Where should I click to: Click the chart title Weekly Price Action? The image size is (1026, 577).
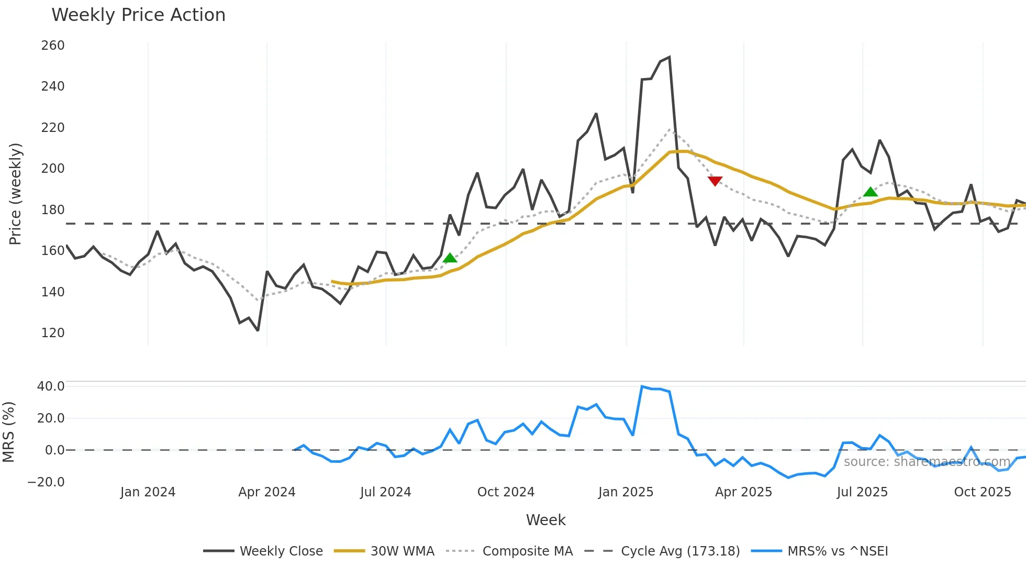point(138,15)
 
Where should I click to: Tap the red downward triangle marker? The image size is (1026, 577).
point(715,181)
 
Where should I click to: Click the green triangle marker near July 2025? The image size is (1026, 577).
point(870,192)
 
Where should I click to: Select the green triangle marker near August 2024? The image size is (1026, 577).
point(450,258)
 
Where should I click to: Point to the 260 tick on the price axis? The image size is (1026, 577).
point(53,46)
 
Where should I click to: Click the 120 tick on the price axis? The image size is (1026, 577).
point(53,332)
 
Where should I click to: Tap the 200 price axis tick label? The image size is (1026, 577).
point(53,168)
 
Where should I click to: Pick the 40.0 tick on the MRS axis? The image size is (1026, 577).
point(51,386)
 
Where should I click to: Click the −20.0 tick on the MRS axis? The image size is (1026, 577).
point(46,482)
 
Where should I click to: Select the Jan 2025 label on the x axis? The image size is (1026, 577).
point(626,492)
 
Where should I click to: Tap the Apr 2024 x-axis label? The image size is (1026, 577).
point(267,492)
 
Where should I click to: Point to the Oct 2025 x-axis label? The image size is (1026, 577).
point(983,492)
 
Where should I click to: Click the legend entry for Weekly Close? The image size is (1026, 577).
point(281,551)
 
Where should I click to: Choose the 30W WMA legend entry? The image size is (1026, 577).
point(402,551)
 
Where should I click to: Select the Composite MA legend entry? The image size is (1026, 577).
point(527,551)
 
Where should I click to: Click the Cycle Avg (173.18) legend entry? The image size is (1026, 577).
point(680,551)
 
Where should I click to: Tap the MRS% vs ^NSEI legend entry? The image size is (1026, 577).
point(838,551)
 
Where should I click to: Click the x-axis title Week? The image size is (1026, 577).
point(545,520)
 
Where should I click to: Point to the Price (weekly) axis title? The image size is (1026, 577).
point(15,194)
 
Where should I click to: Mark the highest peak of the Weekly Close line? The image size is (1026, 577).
point(670,58)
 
